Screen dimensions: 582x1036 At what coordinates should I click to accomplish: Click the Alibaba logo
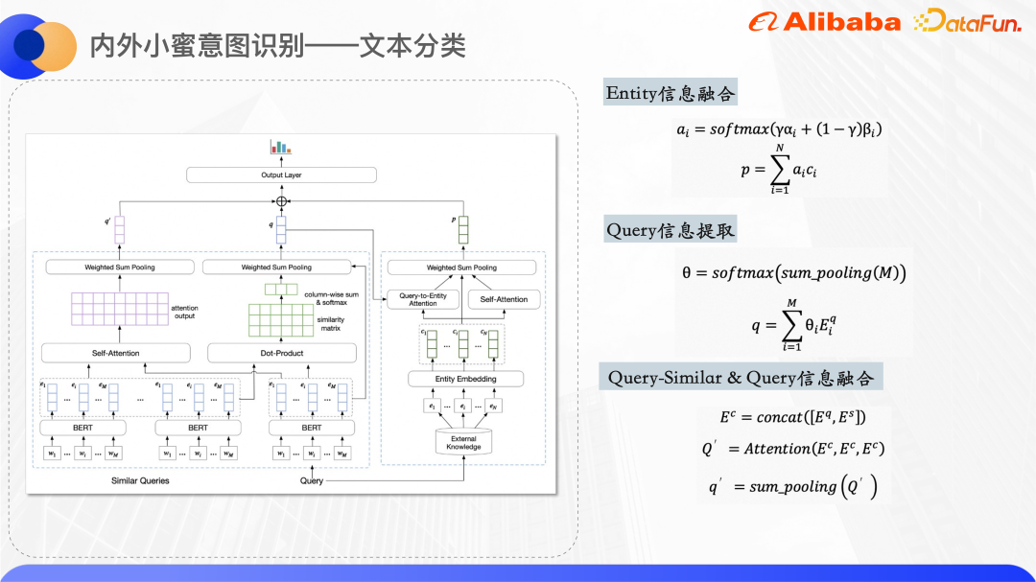(x=824, y=22)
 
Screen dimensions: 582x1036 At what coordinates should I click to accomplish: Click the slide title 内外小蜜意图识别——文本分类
(x=277, y=46)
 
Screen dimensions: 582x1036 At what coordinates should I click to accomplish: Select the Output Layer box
(x=281, y=175)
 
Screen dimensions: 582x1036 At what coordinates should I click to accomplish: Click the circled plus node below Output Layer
(x=281, y=201)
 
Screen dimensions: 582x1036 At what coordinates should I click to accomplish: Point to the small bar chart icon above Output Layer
(x=280, y=148)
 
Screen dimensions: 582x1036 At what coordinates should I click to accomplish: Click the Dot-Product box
(x=282, y=353)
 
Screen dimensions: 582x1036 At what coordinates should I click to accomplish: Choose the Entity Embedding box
(x=465, y=379)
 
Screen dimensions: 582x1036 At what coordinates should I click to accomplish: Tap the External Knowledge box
(x=463, y=443)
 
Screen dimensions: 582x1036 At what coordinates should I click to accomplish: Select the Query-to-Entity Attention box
(x=423, y=299)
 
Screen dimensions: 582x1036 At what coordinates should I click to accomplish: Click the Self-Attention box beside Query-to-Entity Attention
(x=504, y=299)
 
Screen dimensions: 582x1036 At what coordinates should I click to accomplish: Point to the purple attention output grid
(x=118, y=310)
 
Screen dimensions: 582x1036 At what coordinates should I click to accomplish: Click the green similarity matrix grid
(x=280, y=320)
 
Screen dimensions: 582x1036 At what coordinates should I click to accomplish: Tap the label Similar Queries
(x=140, y=480)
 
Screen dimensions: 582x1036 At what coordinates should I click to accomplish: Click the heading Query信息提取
(x=671, y=231)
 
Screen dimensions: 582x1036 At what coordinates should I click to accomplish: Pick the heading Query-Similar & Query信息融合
(x=741, y=377)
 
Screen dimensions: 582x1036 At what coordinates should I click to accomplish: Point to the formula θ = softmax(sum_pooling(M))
(x=793, y=273)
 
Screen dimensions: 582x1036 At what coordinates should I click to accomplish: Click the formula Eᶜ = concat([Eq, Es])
(x=792, y=417)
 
